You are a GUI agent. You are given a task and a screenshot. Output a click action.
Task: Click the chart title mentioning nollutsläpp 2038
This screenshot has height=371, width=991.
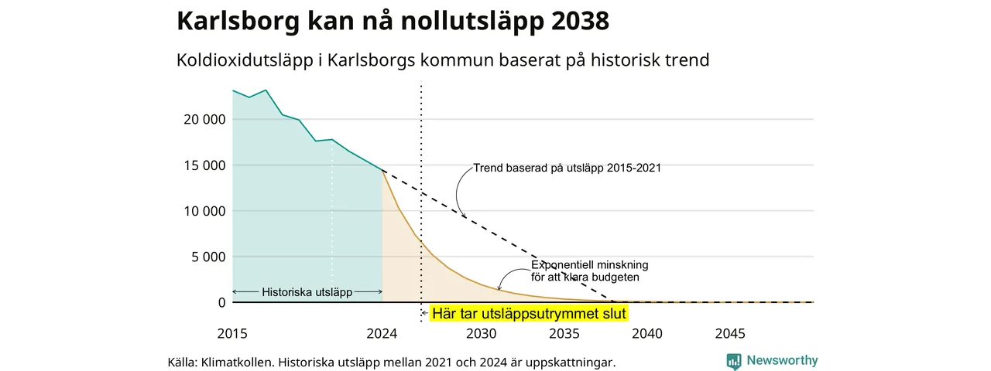(x=393, y=21)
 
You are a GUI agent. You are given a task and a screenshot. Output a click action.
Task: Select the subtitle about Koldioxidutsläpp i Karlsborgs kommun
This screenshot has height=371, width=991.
(x=443, y=60)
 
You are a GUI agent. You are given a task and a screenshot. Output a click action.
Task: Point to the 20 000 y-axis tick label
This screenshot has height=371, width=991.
(x=204, y=120)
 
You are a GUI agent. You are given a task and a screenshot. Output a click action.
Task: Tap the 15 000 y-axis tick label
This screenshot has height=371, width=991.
(x=204, y=165)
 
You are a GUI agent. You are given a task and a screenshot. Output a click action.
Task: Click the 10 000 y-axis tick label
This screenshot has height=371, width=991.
(x=204, y=212)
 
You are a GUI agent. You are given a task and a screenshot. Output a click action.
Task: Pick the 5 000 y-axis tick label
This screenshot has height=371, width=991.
(x=208, y=257)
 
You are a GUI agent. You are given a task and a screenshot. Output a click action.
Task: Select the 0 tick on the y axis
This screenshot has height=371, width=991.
(x=221, y=303)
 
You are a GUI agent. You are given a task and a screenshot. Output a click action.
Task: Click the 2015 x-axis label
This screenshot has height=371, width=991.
(x=232, y=334)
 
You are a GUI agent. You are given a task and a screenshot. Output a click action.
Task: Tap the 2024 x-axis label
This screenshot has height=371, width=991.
(x=382, y=334)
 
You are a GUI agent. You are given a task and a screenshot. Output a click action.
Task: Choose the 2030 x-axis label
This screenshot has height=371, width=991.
(x=482, y=334)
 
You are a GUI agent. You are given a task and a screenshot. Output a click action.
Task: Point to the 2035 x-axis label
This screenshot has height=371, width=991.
(x=564, y=334)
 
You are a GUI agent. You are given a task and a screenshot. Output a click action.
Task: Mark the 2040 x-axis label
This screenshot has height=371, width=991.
(x=647, y=334)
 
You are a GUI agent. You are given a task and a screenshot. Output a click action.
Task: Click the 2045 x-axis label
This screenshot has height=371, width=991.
(x=730, y=334)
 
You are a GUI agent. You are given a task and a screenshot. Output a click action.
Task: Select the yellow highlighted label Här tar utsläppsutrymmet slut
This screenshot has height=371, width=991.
(x=529, y=314)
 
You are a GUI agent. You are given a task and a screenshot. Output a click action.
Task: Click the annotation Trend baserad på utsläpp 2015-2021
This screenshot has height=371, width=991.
(x=568, y=168)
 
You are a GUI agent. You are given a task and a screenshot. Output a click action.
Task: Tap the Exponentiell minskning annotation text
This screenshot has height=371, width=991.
(x=590, y=271)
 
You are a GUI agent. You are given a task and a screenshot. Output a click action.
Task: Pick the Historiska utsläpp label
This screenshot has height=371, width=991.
(x=307, y=292)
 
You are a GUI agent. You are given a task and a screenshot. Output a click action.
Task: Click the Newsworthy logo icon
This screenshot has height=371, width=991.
(x=734, y=361)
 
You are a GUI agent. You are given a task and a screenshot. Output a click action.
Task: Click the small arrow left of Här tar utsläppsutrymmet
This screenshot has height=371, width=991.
(x=424, y=314)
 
